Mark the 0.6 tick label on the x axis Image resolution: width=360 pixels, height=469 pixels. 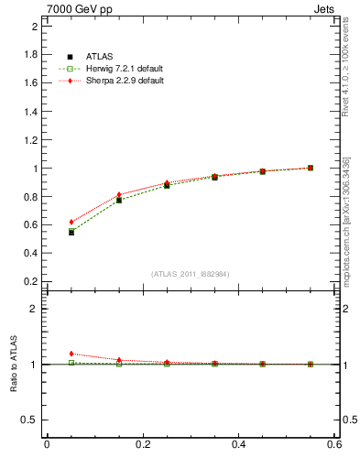pyautogui.click(x=334, y=446)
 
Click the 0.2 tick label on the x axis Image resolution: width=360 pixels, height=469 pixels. pyautogui.click(x=142, y=446)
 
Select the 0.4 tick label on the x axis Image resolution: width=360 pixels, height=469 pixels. pyautogui.click(x=238, y=446)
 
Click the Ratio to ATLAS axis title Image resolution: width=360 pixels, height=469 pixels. pyautogui.click(x=12, y=365)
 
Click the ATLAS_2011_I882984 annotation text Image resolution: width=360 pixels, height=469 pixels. pyautogui.click(x=191, y=274)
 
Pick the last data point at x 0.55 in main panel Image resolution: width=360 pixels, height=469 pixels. pyautogui.click(x=311, y=168)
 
